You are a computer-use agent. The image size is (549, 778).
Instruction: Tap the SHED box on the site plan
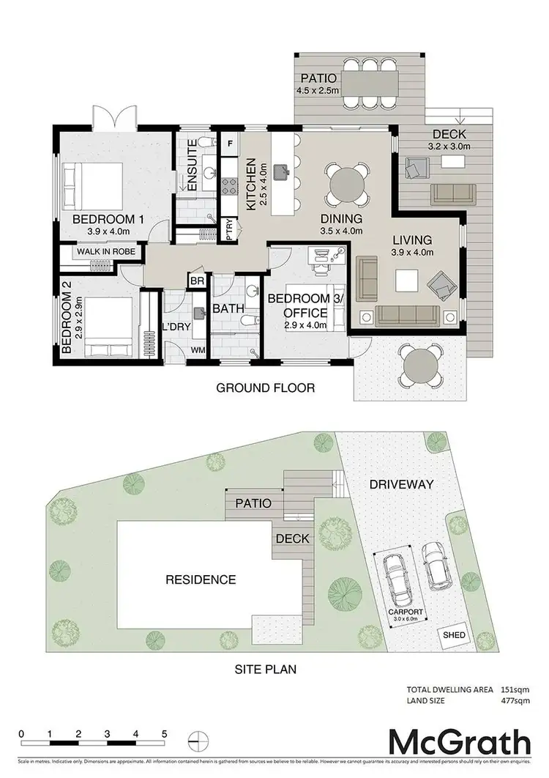point(450,635)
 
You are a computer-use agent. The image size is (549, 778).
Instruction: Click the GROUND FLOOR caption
point(265,388)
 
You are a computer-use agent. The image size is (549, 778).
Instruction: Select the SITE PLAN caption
point(264,669)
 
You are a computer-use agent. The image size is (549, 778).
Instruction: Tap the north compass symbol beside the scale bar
point(195,757)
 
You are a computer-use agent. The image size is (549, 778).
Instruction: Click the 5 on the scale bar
point(165,754)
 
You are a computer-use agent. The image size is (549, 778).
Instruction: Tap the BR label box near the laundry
point(197,281)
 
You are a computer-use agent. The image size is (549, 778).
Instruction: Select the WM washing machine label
point(198,351)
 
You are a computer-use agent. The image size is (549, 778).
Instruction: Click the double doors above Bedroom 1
point(116,116)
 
